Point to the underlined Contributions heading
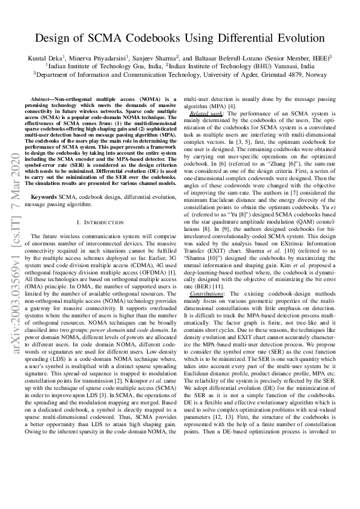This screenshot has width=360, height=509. click(206, 276)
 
